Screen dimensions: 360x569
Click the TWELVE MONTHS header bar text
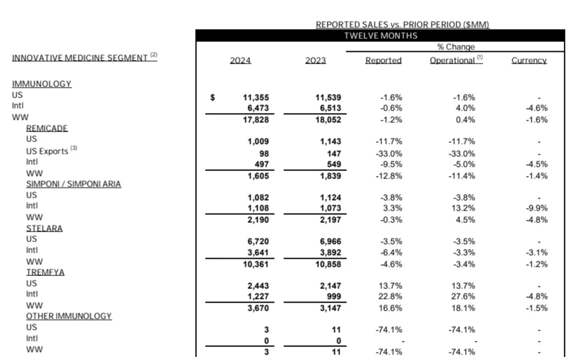coord(381,36)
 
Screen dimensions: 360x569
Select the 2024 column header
coord(240,61)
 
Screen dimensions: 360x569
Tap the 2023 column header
coord(315,61)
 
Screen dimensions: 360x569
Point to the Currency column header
coord(529,61)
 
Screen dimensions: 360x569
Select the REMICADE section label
coord(46,128)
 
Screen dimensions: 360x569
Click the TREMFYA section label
coord(44,272)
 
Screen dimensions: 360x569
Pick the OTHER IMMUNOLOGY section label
coord(69,316)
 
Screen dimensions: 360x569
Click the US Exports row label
coord(47,151)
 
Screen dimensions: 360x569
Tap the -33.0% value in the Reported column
coord(389,154)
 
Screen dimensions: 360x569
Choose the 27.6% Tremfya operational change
coord(461,297)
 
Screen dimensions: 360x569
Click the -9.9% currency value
coord(536,209)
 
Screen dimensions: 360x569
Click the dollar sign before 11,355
coord(213,98)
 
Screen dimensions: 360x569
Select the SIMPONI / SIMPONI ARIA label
coord(74,184)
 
